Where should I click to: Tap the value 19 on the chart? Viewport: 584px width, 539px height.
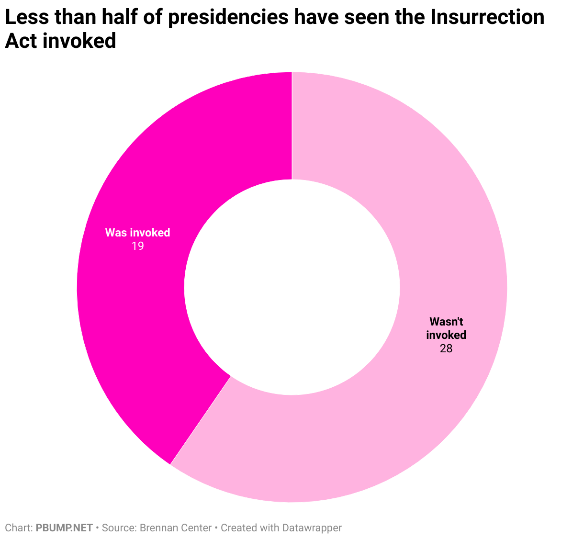[x=138, y=246]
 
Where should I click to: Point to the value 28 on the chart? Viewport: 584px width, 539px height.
[x=446, y=348]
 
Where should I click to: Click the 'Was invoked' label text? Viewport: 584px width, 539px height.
[x=138, y=233]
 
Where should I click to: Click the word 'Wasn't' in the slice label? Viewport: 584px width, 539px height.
[x=446, y=321]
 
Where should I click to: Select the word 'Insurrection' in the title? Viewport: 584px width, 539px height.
[x=487, y=18]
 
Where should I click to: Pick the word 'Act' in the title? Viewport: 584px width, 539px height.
[x=21, y=41]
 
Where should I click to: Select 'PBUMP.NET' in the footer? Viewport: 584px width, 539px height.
[x=64, y=528]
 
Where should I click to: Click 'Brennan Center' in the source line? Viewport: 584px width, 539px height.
[x=176, y=528]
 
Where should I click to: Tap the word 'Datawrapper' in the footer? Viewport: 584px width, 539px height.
[x=312, y=528]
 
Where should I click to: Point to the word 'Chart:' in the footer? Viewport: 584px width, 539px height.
[x=19, y=528]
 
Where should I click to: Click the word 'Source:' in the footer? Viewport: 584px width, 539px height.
[x=119, y=528]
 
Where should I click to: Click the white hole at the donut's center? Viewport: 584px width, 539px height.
[x=292, y=287]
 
